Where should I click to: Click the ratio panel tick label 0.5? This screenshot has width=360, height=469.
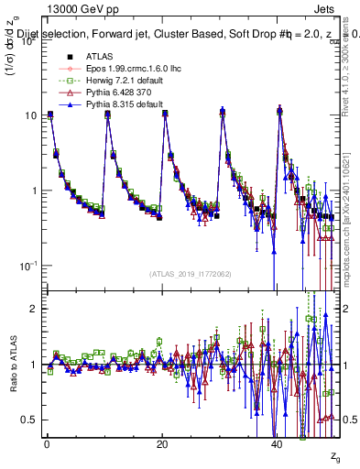point(28,420)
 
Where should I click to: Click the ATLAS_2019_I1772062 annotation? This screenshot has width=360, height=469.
point(190,273)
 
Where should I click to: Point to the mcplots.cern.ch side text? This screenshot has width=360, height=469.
point(351,234)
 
